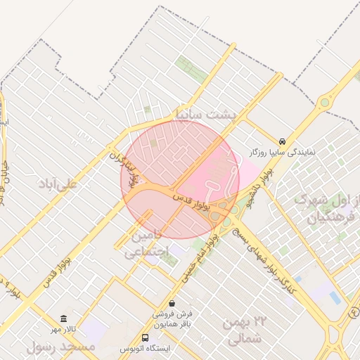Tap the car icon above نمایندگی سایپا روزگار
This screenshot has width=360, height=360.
[x=282, y=141]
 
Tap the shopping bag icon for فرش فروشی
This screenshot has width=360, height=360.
[x=172, y=303]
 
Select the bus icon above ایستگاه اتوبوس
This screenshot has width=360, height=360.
[x=145, y=337]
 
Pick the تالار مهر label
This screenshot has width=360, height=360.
[x=62, y=329]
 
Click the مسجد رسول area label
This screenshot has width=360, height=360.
[x=60, y=347]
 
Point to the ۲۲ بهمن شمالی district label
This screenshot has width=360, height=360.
[x=243, y=331]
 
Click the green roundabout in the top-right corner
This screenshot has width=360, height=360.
[x=324, y=103]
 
